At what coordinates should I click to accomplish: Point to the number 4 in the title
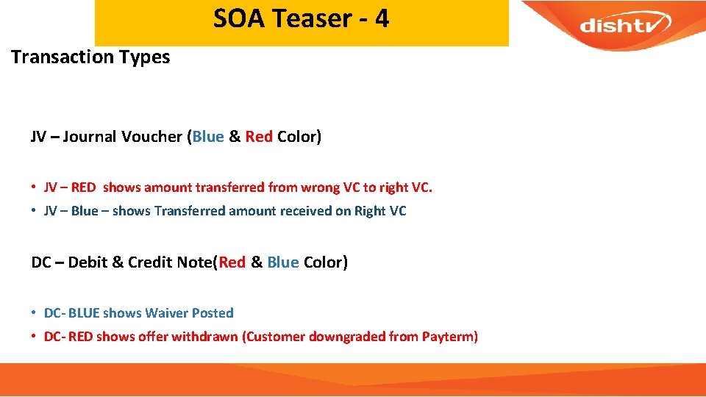382,18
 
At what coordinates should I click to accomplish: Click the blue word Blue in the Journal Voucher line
208,137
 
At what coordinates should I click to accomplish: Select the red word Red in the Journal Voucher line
259,137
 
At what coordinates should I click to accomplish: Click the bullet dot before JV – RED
35,187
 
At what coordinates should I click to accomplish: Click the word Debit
88,262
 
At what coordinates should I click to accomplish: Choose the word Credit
150,262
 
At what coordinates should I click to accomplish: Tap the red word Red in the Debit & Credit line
232,262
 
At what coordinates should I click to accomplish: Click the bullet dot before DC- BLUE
35,313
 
